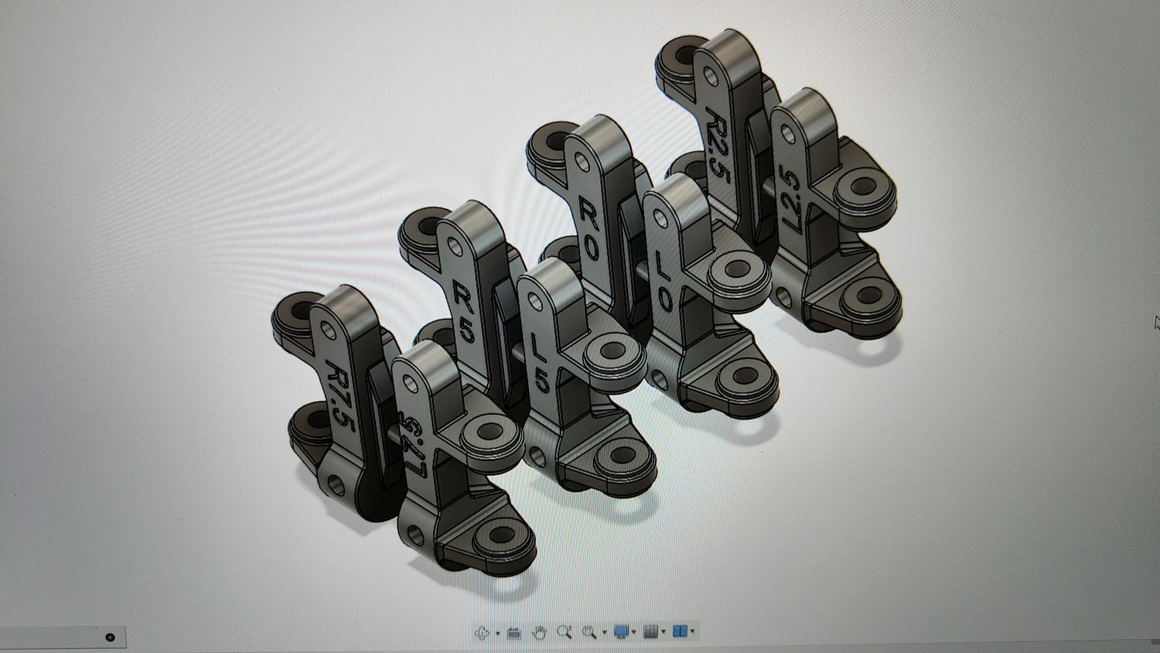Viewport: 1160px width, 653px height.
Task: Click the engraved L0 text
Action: [x=664, y=279]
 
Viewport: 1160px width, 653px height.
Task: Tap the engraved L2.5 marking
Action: [x=790, y=197]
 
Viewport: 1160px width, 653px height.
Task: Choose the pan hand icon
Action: [x=539, y=632]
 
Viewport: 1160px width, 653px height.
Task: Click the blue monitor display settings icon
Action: [x=621, y=632]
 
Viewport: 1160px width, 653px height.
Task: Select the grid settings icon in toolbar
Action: [x=651, y=632]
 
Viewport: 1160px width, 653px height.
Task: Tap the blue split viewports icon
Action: [x=680, y=632]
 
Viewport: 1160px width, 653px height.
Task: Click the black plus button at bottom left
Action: [x=110, y=638]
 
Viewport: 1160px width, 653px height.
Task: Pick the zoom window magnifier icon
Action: [x=589, y=632]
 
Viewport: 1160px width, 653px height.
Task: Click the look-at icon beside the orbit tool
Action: [x=513, y=632]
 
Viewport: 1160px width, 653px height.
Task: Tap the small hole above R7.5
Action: [x=328, y=331]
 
